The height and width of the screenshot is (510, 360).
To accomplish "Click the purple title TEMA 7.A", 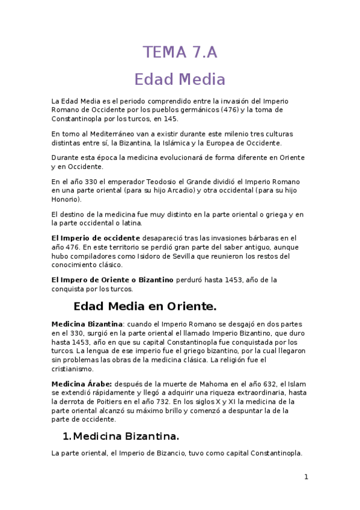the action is [180, 52].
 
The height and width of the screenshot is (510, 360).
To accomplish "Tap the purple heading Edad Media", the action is [180, 79].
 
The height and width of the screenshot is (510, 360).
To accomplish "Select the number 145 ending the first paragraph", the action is [171, 119].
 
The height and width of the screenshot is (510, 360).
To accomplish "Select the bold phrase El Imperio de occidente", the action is [96, 238].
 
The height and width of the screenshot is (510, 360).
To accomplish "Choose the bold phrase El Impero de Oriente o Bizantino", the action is [112, 280].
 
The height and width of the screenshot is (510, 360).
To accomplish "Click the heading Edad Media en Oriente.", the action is [144, 307].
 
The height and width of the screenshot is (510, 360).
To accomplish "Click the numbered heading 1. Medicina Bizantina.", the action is [120, 435].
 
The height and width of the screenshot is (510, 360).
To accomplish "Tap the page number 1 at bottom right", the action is [306, 477].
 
